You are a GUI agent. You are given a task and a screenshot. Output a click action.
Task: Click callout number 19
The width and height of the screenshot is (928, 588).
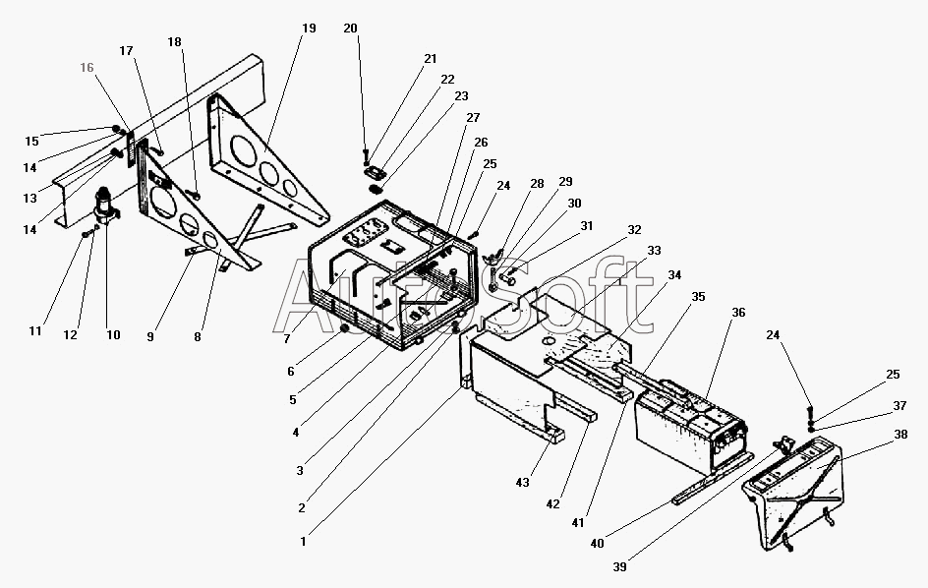[309, 29]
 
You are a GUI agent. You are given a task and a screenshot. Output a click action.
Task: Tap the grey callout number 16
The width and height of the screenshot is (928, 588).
[87, 69]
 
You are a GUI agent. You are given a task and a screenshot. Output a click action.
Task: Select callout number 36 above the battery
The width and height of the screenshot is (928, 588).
[737, 313]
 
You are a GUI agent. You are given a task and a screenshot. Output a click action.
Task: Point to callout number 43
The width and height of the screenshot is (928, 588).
[522, 483]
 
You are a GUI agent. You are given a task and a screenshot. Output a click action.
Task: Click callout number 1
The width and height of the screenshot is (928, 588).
[304, 540]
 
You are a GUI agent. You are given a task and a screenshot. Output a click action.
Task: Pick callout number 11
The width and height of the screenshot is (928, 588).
[35, 331]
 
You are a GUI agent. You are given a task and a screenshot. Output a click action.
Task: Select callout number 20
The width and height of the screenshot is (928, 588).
[350, 29]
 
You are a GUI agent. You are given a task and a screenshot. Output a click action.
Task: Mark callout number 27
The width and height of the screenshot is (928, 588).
[460, 118]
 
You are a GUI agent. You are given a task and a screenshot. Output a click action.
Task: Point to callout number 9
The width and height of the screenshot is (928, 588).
[150, 336]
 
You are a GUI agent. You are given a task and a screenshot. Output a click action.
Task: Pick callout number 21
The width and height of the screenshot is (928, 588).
[430, 59]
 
